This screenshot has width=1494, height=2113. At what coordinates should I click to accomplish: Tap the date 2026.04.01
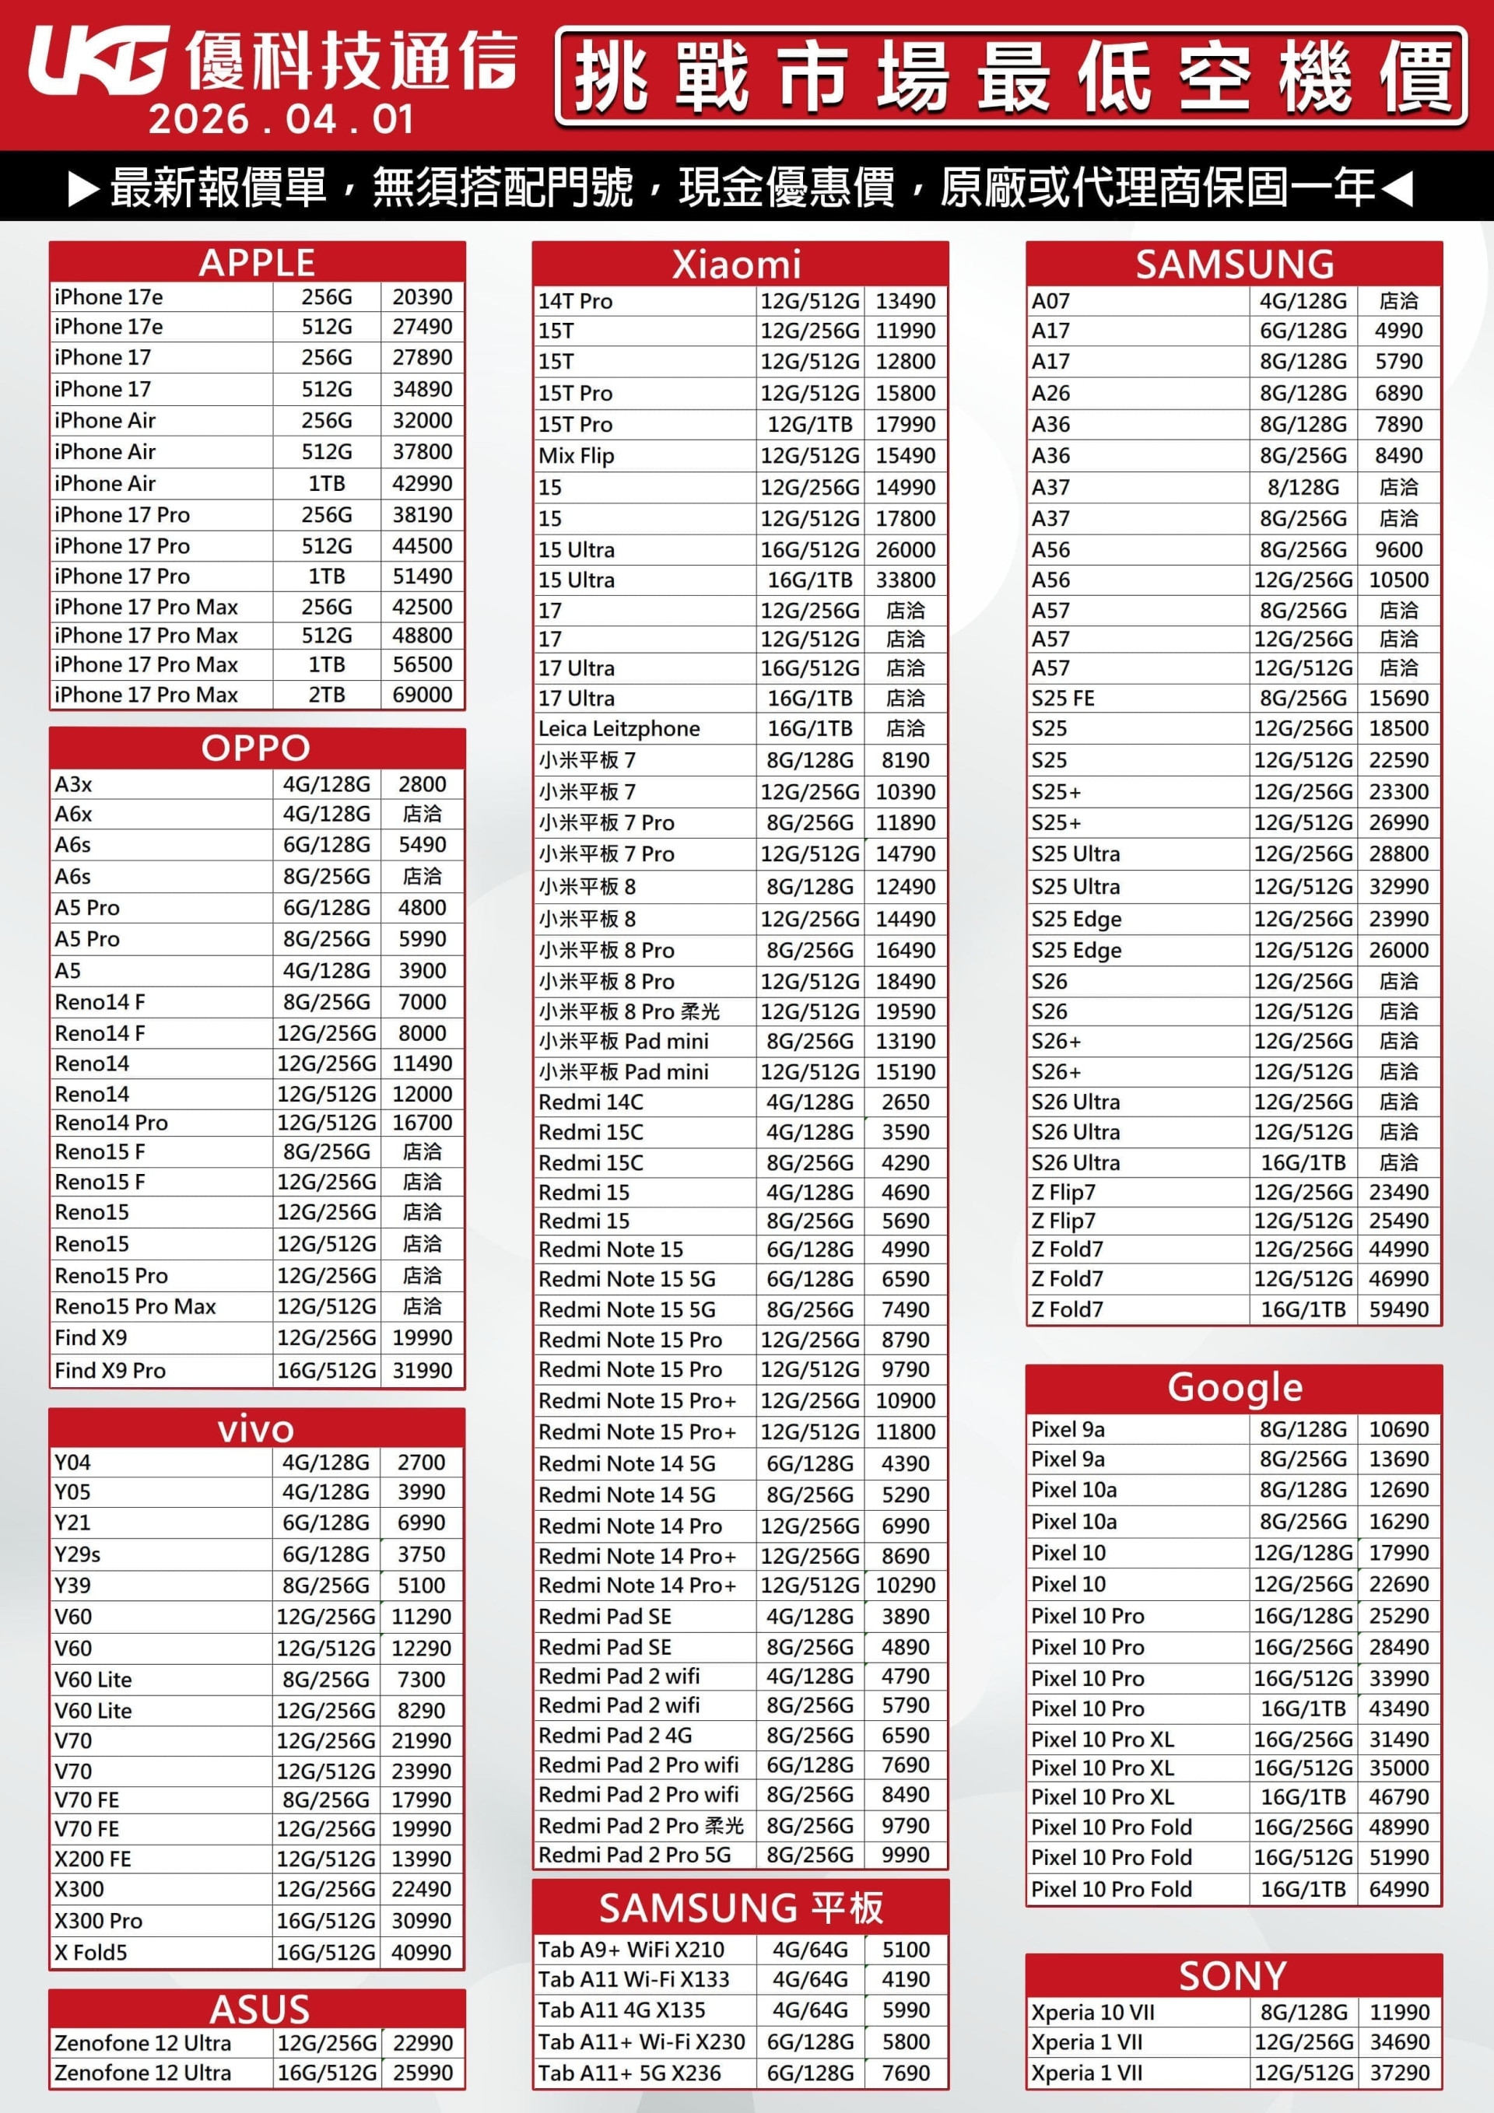pyautogui.click(x=281, y=120)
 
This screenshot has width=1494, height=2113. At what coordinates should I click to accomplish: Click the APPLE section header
pyautogui.click(x=257, y=262)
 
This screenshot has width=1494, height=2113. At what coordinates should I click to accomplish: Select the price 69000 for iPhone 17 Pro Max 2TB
pyautogui.click(x=423, y=695)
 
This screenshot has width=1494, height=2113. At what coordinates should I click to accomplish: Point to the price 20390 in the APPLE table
pyautogui.click(x=423, y=297)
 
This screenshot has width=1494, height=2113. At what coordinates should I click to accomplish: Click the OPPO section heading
pyautogui.click(x=256, y=748)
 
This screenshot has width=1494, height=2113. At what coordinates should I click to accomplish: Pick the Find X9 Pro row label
pyautogui.click(x=110, y=1370)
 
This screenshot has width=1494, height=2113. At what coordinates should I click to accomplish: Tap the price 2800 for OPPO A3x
pyautogui.click(x=423, y=784)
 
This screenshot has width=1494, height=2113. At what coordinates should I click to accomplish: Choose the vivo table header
pyautogui.click(x=256, y=1429)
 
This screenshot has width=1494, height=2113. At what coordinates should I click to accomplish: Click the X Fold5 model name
pyautogui.click(x=91, y=1952)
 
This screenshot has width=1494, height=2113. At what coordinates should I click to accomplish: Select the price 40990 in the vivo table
pyautogui.click(x=422, y=1952)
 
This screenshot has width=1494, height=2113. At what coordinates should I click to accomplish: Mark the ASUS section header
pyautogui.click(x=260, y=2009)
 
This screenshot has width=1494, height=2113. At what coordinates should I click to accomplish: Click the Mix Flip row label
pyautogui.click(x=577, y=456)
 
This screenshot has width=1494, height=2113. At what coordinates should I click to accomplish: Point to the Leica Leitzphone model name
pyautogui.click(x=619, y=729)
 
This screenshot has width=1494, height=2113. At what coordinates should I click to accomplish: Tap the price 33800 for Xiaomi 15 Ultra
pyautogui.click(x=906, y=580)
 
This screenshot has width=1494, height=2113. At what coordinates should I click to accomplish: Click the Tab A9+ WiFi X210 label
pyautogui.click(x=632, y=1949)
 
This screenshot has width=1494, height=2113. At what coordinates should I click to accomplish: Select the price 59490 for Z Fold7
pyautogui.click(x=1399, y=1309)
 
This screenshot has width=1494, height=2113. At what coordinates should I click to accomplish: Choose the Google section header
pyautogui.click(x=1234, y=1387)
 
